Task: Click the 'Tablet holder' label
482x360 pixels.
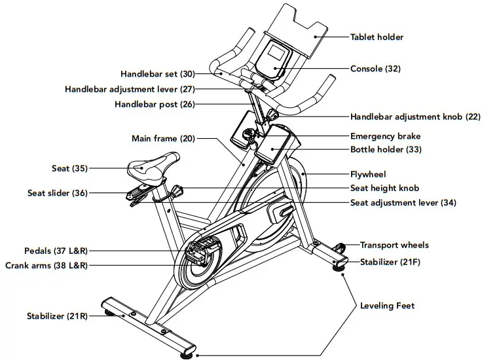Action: (x=377, y=37)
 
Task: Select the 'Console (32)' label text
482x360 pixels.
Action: (x=375, y=69)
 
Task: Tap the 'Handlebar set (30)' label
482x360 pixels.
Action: (x=158, y=74)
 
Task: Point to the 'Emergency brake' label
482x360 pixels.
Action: (x=385, y=136)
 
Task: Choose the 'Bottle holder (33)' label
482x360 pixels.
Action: (x=386, y=149)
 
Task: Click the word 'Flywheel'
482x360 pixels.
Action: (x=369, y=174)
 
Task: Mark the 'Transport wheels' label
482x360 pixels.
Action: (x=394, y=245)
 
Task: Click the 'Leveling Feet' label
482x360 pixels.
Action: (x=387, y=306)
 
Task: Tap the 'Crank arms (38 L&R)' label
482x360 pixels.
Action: (x=46, y=265)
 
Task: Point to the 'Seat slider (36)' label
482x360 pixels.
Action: (x=57, y=193)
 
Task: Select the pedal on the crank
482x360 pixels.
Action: (x=200, y=250)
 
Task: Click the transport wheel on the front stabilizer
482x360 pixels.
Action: (x=341, y=247)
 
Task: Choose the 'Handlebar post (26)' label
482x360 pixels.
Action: (x=155, y=103)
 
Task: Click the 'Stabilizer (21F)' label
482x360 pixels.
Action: (x=389, y=262)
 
